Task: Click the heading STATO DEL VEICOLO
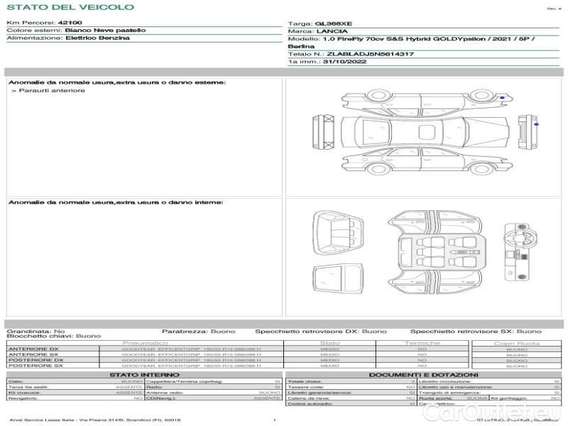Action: pos(70,7)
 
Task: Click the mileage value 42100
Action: pos(70,23)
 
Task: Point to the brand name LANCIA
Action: pos(332,31)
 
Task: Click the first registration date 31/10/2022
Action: pos(340,62)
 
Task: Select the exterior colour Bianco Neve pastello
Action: pos(105,31)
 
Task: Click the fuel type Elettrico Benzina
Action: pos(97,38)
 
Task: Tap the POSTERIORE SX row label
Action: pos(35,366)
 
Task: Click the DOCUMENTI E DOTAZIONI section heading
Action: pos(423,374)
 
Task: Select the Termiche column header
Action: pos(422,343)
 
